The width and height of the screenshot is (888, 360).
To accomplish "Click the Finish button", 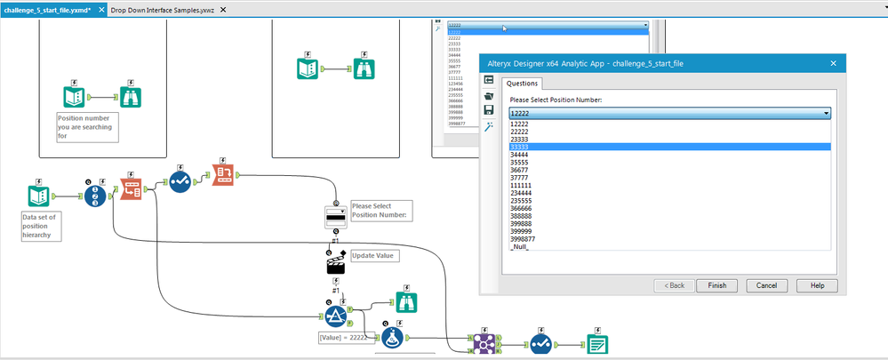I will point(716,285).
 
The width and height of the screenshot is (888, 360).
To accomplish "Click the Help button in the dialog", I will point(817,285).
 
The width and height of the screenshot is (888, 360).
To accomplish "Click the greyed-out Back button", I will point(672,285).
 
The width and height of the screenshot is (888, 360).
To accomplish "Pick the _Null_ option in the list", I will point(520,247).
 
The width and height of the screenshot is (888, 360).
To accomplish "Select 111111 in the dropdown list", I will point(523,185).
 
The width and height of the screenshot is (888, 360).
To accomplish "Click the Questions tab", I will point(523,83).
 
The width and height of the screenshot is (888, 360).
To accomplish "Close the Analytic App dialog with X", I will point(833,63).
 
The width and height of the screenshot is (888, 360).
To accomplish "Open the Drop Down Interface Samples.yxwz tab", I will point(162,9).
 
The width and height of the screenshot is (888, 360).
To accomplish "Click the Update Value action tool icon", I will point(336,262).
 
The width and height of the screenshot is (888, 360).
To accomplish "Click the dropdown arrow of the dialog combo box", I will point(826,114).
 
